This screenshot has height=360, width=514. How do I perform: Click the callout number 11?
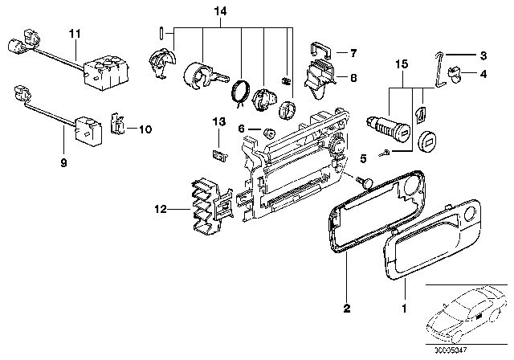point(75,33)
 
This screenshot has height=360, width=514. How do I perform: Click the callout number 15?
point(401,62)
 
